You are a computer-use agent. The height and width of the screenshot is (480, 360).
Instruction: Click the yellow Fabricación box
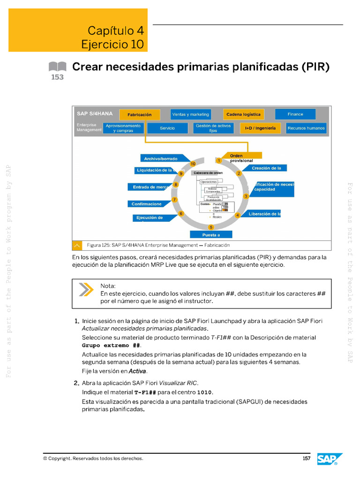[139, 115]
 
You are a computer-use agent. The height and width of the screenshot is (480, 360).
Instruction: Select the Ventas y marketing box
[190, 114]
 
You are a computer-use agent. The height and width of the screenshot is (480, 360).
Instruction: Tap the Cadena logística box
[243, 114]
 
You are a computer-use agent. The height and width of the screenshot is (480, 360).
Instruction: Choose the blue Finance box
[295, 114]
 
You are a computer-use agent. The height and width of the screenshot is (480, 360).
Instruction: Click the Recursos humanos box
[306, 128]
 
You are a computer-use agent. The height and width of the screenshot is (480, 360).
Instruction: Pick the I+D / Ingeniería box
[260, 128]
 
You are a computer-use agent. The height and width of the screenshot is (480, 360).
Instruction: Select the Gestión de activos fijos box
[213, 128]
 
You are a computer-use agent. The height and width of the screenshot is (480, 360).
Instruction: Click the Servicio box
[167, 128]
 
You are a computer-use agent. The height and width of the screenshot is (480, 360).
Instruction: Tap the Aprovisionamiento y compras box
[123, 128]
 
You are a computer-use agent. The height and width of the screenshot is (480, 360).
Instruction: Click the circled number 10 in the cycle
[193, 164]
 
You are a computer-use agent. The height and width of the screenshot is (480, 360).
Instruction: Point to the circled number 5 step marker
[211, 227]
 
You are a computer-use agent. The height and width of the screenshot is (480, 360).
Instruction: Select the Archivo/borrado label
[161, 159]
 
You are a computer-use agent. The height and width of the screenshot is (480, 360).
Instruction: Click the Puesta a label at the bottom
[211, 234]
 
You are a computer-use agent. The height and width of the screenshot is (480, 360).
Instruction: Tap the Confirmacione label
[147, 204]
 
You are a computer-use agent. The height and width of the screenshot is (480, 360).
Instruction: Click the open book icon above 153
[57, 67]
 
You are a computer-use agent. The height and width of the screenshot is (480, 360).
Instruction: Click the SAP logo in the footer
[327, 459]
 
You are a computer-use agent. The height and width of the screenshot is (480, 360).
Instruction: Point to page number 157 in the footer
[307, 458]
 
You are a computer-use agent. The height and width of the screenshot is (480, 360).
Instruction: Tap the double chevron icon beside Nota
[86, 290]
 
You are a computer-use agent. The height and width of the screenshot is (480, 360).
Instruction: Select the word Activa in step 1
[137, 371]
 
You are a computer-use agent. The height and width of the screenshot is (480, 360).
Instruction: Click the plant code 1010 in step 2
[204, 392]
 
